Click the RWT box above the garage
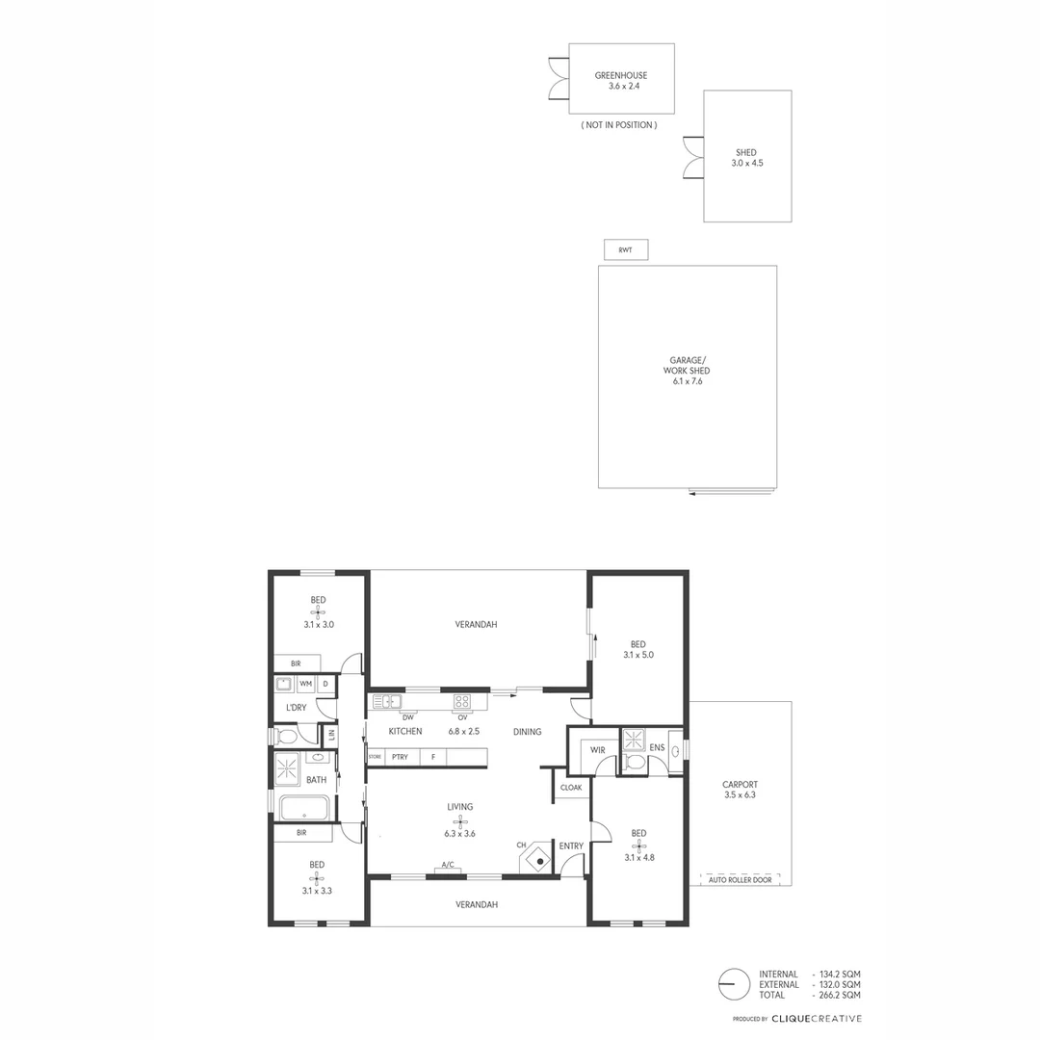point(626,250)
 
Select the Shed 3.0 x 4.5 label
point(746,158)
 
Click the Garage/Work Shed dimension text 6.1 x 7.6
point(687,382)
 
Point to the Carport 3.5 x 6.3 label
point(740,790)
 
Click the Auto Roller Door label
point(740,880)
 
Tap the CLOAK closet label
point(571,787)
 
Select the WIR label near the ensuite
point(597,749)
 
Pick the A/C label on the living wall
point(447,865)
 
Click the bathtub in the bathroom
point(304,807)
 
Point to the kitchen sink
point(387,701)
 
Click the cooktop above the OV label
point(462,701)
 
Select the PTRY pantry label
point(400,757)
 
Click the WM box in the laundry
point(306,684)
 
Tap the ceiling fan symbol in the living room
point(459,821)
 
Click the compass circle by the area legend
point(734,984)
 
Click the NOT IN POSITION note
point(619,125)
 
